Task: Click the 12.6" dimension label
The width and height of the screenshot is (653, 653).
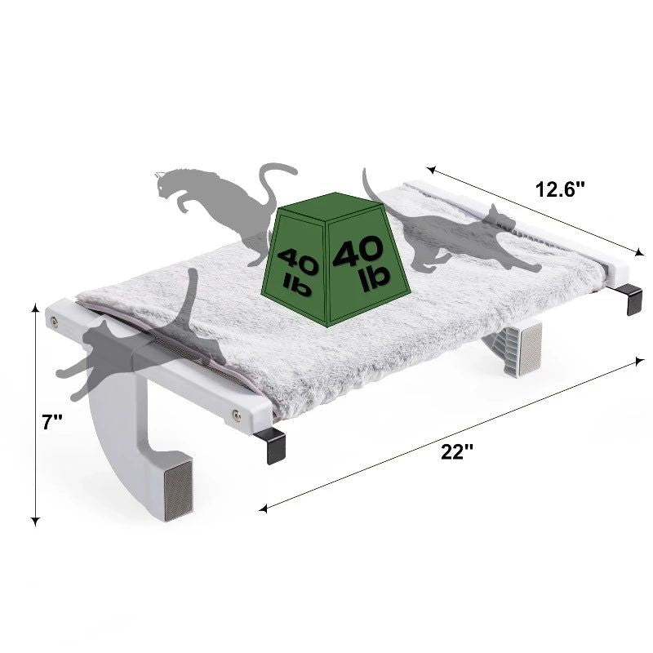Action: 560,189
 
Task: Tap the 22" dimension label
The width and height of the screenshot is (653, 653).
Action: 457,451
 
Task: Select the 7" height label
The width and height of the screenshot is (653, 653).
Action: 52,422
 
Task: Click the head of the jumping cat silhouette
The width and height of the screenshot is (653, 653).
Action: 167,183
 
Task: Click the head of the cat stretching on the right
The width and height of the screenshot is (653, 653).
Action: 498,215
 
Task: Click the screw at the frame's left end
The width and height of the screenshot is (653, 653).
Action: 54,321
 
